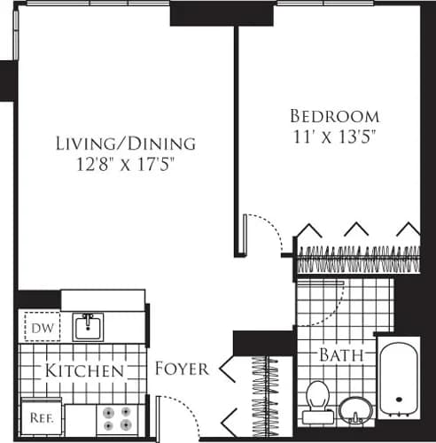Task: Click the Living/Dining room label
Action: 125,143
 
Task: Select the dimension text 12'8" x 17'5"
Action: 125,164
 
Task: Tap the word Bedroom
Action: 335,116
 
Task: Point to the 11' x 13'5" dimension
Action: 335,137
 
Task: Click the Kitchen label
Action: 85,370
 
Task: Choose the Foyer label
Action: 182,369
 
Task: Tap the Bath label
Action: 342,356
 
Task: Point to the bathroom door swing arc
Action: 328,301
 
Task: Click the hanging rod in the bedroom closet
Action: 358,260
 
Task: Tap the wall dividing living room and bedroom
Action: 237,142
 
